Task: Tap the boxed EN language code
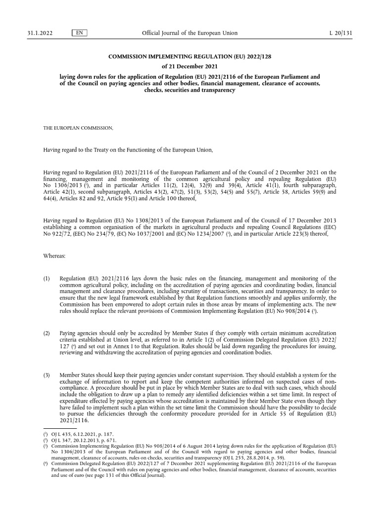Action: tap(79, 33)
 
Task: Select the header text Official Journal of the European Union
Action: tap(190, 33)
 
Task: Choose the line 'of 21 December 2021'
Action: tap(190, 67)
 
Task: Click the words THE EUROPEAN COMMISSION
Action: tap(79, 128)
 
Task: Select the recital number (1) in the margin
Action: tap(47, 279)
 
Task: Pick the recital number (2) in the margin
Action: tap(47, 333)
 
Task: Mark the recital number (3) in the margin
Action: tap(47, 375)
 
